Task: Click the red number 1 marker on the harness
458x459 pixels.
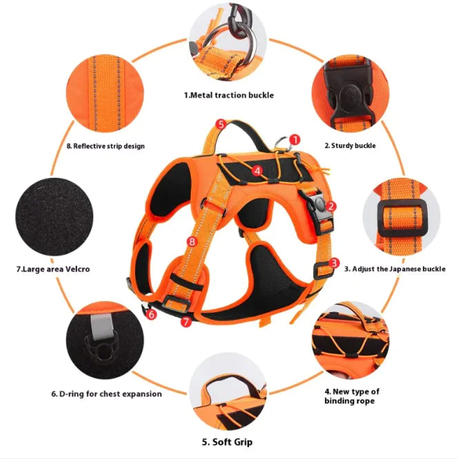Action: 295,140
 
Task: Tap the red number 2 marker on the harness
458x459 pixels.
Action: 331,205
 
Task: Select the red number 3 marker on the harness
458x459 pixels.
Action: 334,263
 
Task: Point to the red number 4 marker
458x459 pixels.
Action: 257,170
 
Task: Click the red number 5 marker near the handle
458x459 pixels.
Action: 221,124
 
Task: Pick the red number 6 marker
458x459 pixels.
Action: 152,314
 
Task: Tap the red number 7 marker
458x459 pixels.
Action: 186,322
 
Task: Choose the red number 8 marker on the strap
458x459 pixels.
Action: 192,242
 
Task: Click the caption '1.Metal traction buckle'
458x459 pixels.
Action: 228,94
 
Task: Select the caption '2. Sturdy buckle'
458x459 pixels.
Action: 350,145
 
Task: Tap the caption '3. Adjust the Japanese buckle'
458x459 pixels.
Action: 395,269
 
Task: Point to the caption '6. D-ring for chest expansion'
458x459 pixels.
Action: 106,394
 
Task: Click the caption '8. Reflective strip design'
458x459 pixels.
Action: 106,145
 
